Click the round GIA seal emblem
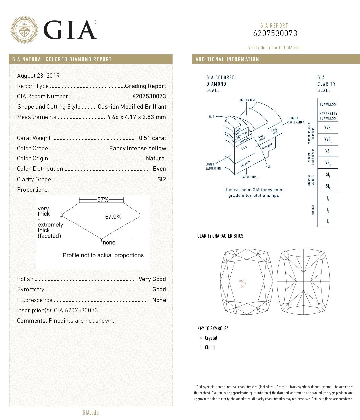pos(24,30)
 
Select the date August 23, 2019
pos(38,76)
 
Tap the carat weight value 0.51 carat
pos(152,138)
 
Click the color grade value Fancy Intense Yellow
pos(138,148)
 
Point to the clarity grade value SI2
pos(162,179)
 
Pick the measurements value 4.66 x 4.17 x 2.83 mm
pos(136,117)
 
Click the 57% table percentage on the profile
pos(103,200)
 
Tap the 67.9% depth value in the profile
pos(113,217)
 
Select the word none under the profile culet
pos(109,243)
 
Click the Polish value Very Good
pos(152,279)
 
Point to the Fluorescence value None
pos(159,300)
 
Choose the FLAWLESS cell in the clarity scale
pos(327,104)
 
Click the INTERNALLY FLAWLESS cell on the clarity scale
pos(327,116)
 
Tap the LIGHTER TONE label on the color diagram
pos(247,100)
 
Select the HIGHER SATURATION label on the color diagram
pos(296,120)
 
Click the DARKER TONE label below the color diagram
pos(250,177)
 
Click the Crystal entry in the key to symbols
pos(211,338)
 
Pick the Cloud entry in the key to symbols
pos(210,348)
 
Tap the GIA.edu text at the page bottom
pos(91,413)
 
